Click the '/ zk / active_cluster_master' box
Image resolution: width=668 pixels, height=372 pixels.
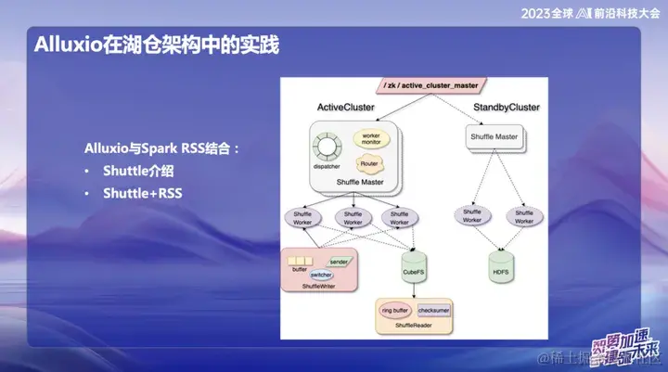tap(430, 85)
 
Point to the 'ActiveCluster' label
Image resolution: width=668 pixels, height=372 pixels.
tap(345, 108)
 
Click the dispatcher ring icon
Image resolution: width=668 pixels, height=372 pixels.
tap(326, 148)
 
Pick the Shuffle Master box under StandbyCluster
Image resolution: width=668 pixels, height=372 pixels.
tap(495, 138)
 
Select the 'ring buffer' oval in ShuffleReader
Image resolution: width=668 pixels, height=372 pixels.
tap(394, 311)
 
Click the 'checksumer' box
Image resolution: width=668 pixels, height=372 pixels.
tap(434, 311)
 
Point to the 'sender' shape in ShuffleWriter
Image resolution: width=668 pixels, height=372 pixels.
tap(340, 263)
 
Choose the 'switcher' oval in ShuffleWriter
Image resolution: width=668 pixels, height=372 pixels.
tap(321, 276)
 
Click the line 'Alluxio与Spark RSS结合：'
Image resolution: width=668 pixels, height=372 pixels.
tap(162, 148)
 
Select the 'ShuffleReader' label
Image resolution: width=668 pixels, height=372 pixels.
tap(414, 326)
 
